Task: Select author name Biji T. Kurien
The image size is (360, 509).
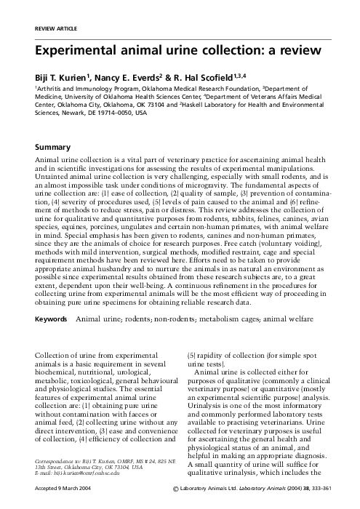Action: (57, 75)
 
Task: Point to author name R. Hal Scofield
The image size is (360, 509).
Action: (203, 75)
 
